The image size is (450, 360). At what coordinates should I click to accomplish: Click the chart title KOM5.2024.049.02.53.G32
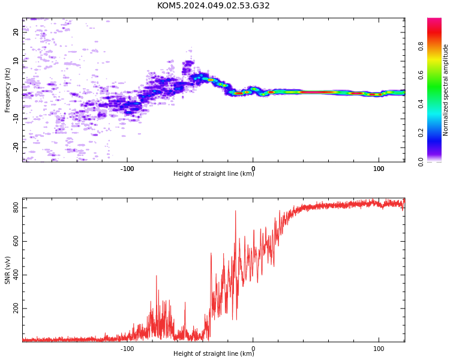[x=213, y=5]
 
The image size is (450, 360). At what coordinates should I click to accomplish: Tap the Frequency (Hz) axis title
[x=7, y=90]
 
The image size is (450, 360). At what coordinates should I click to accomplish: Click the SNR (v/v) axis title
[x=7, y=270]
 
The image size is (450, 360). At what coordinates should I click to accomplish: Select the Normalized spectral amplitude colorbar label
[x=445, y=90]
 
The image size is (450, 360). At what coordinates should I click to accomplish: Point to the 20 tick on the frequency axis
[x=16, y=32]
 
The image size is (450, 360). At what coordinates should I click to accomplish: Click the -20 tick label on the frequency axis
[x=16, y=148]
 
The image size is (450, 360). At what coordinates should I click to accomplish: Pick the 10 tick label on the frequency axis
[x=16, y=61]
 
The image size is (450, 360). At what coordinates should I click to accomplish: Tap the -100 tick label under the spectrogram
[x=127, y=169]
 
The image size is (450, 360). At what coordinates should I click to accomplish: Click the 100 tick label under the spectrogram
[x=379, y=169]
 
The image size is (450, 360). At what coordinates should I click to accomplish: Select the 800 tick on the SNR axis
[x=16, y=208]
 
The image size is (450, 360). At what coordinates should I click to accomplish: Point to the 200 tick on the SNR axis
[x=16, y=308]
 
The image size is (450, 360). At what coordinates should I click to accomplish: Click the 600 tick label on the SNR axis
[x=16, y=241]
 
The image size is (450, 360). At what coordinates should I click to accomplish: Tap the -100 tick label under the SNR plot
[x=127, y=349]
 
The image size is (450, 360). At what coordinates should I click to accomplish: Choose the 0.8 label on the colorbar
[x=421, y=46]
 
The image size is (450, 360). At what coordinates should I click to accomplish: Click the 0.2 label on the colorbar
[x=421, y=133]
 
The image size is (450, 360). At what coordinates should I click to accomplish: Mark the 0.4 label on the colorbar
[x=421, y=104]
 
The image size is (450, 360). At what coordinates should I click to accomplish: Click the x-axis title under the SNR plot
[x=214, y=353]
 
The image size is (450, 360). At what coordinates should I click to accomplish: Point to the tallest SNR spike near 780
[x=236, y=211]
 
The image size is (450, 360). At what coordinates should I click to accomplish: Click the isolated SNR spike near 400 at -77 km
[x=157, y=276]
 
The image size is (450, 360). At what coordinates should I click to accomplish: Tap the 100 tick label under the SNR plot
[x=379, y=349]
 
